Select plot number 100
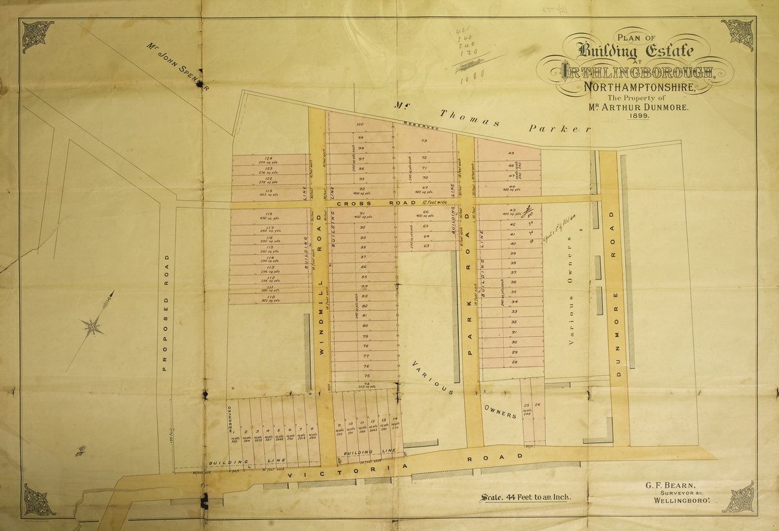click(360, 124)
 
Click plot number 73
click(424, 140)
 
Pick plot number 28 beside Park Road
click(513, 362)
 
